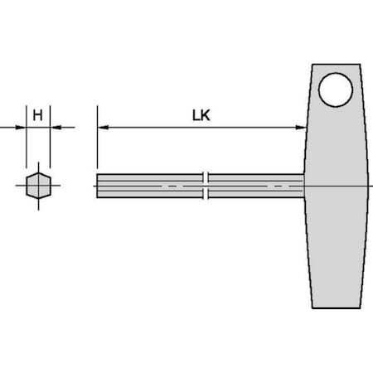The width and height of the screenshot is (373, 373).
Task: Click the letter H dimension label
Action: (x=37, y=115)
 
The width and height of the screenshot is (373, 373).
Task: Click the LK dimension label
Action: (x=201, y=115)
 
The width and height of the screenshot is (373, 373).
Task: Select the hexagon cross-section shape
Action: (x=37, y=186)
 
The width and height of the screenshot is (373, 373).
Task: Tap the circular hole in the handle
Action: (x=336, y=90)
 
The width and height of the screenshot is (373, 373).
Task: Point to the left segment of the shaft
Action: (x=149, y=185)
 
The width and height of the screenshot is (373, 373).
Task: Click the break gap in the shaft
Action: (x=206, y=185)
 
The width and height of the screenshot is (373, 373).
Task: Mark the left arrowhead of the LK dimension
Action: (x=102, y=128)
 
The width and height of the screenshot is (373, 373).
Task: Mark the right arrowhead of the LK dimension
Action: (x=300, y=128)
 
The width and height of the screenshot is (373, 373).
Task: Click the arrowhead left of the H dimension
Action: (x=21, y=128)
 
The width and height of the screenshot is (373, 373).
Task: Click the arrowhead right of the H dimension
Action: (x=55, y=128)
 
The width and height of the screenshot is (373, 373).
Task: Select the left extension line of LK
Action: (x=97, y=137)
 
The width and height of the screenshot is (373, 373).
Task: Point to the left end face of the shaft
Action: (x=97, y=185)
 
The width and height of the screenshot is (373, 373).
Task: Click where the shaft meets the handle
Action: (x=305, y=185)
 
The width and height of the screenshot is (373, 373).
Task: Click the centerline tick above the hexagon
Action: (x=37, y=166)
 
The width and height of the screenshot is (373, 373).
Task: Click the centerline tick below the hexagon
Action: (x=37, y=206)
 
